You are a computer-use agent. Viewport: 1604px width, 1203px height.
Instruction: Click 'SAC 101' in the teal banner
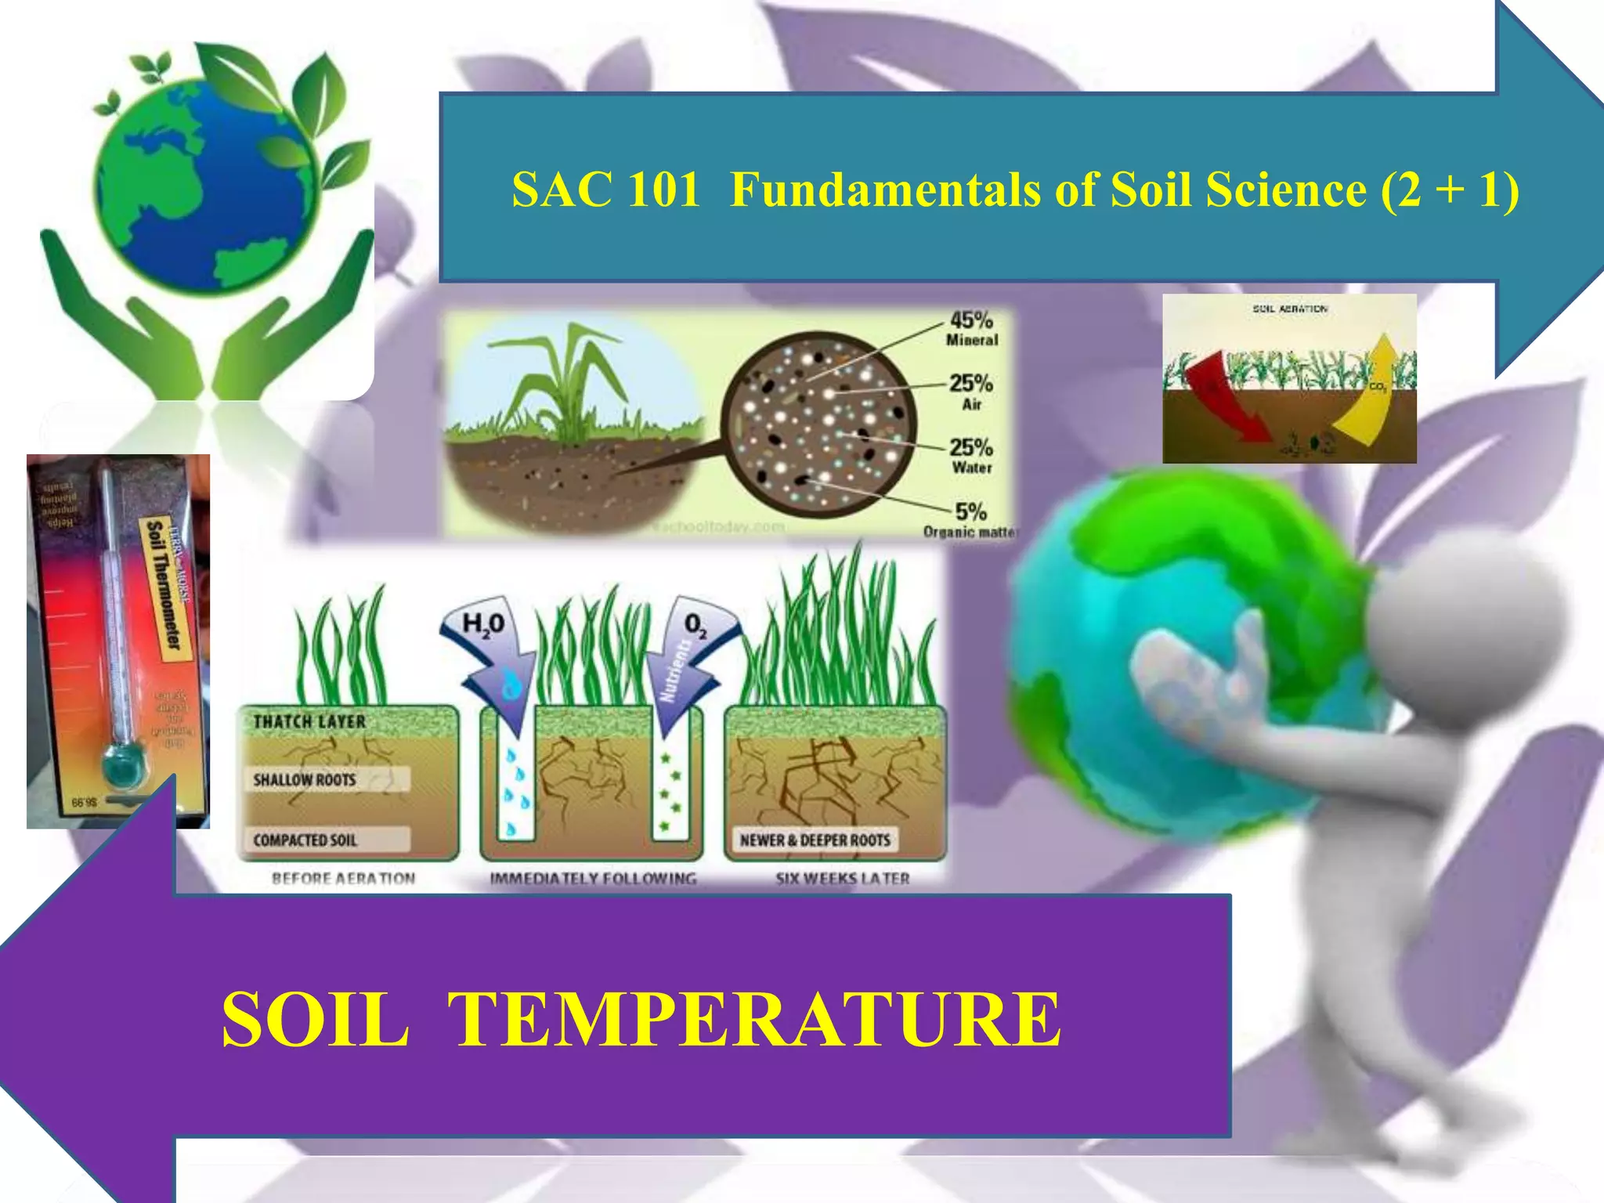coord(605,190)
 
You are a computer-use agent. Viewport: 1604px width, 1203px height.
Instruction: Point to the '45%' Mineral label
coord(971,320)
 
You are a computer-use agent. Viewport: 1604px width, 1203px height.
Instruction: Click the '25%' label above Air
coord(971,384)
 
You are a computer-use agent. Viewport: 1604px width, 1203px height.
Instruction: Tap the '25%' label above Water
coord(971,447)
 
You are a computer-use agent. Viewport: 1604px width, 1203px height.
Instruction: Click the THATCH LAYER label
coord(309,721)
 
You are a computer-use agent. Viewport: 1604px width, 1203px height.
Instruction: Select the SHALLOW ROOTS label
coord(305,780)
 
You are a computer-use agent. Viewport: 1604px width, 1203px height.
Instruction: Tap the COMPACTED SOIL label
coord(305,840)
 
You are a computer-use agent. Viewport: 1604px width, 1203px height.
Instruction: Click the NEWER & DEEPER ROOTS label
coord(815,840)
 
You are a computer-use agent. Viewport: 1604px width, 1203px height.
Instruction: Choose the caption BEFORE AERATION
coord(343,879)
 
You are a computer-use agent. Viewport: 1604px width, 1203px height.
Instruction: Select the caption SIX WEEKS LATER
coord(843,879)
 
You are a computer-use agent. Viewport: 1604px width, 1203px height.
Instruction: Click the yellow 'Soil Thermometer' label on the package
coord(164,583)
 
